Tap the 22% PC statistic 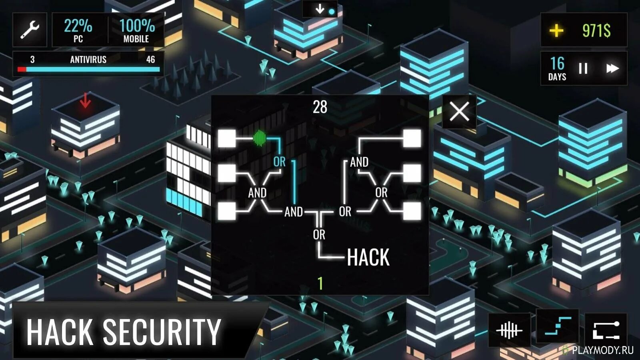point(78,30)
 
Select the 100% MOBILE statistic point(136,30)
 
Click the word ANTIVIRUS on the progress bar point(88,60)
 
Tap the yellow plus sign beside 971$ point(556,30)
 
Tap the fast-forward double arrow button point(612,68)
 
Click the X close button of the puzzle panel point(459,111)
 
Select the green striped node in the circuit point(260,138)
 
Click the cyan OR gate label point(279,162)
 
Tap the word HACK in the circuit point(368,257)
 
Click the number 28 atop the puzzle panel point(320,107)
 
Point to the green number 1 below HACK point(320,284)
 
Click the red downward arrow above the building point(85,100)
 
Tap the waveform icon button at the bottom point(509,330)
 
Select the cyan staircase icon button point(558,327)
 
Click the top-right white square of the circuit point(412,138)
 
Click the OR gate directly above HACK point(319,235)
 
